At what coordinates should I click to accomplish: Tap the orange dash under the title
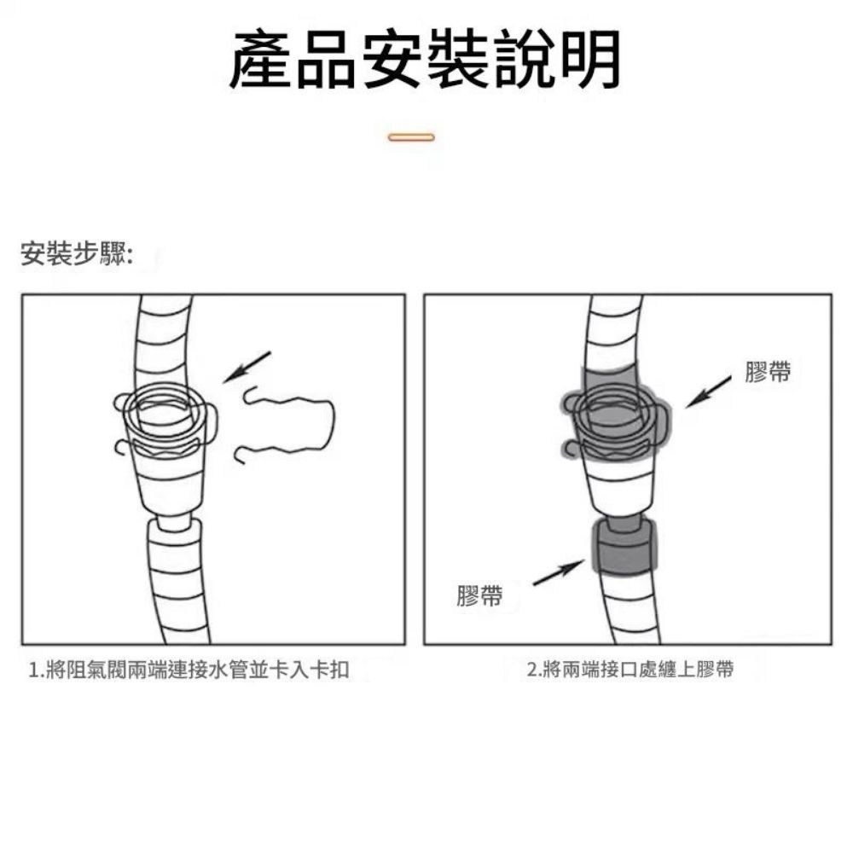tap(411, 136)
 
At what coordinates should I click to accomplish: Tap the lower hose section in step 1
tap(177, 580)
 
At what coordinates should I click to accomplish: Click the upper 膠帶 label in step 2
tap(767, 372)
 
